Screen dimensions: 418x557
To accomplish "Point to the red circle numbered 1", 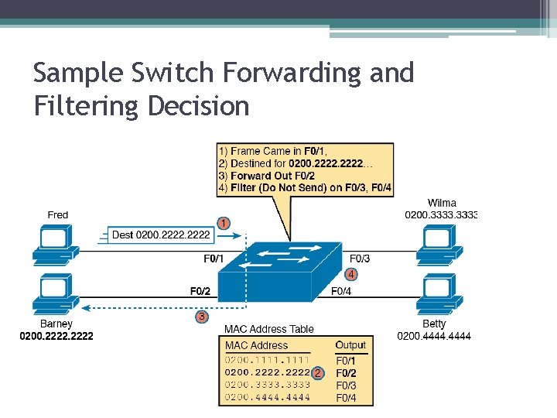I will click(x=223, y=223).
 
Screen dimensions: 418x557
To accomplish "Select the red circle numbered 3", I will click(x=201, y=316).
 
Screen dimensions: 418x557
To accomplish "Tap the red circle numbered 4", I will click(x=351, y=274).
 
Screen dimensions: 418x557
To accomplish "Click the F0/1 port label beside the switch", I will click(x=214, y=259).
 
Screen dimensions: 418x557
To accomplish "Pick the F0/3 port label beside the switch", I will click(x=360, y=259).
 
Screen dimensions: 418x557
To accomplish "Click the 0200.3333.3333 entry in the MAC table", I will click(x=268, y=385).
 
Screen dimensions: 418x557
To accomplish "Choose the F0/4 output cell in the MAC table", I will click(x=346, y=398).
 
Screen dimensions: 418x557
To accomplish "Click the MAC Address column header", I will click(x=256, y=345).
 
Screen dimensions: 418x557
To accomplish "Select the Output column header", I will click(x=350, y=345).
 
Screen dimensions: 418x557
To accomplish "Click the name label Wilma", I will click(x=442, y=203).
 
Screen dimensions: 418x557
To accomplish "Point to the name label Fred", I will click(x=58, y=214).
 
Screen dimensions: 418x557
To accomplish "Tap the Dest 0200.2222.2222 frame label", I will click(x=161, y=234).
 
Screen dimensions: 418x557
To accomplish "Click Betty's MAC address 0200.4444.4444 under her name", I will click(x=434, y=335).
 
